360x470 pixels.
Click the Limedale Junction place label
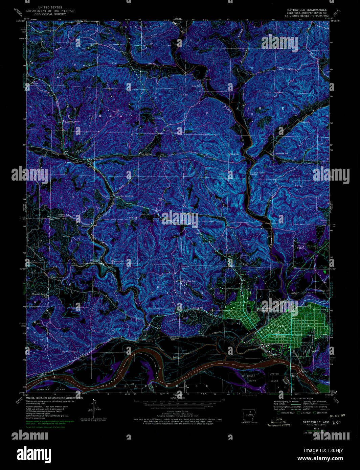pyautogui.click(x=125, y=196)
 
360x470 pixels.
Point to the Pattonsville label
pyautogui.click(x=119, y=261)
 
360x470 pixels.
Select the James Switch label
pyautogui.click(x=72, y=162)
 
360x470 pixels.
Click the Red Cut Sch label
pyautogui.click(x=64, y=215)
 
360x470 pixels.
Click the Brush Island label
pyautogui.click(x=251, y=378)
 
